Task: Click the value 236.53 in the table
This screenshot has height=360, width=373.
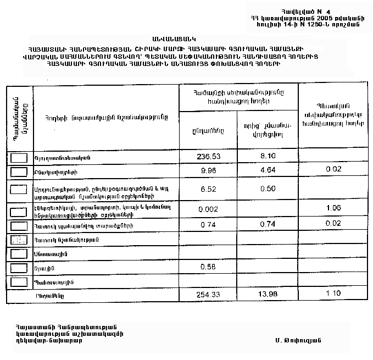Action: [x=208, y=157]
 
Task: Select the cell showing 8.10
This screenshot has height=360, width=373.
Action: [x=268, y=157]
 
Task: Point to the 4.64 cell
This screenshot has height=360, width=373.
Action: [x=268, y=171]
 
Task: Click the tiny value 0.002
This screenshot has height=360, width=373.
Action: [x=208, y=210]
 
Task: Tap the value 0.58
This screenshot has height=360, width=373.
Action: [x=208, y=267]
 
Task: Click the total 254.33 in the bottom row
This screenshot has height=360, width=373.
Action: [x=208, y=295]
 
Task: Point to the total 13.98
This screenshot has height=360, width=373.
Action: [x=268, y=295]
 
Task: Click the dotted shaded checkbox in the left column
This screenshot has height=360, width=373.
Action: [x=19, y=240]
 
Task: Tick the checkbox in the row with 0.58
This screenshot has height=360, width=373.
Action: [x=19, y=268]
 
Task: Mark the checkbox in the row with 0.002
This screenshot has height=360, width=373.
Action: [x=19, y=211]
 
